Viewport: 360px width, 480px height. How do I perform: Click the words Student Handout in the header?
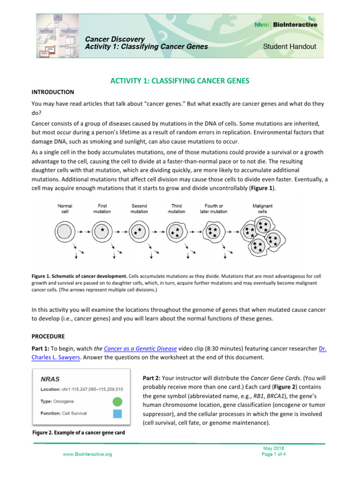[x=289, y=46]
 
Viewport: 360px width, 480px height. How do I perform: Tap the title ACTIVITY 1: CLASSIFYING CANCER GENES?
[x=180, y=81]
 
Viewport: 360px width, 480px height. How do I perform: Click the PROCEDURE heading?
[x=49, y=336]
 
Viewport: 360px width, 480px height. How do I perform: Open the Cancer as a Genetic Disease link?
[x=140, y=348]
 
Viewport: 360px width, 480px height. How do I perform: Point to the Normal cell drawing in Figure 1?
[x=65, y=231]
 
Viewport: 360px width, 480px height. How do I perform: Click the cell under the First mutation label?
[x=102, y=231]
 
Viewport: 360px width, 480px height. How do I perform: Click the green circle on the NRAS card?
[x=118, y=401]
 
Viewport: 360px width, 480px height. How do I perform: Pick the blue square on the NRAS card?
[x=118, y=413]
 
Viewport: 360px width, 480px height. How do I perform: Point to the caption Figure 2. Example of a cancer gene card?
[x=78, y=433]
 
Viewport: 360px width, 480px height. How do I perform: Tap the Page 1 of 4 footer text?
[x=274, y=454]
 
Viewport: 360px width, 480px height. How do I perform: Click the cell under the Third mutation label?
[x=177, y=231]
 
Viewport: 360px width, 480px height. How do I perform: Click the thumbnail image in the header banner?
[x=57, y=35]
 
